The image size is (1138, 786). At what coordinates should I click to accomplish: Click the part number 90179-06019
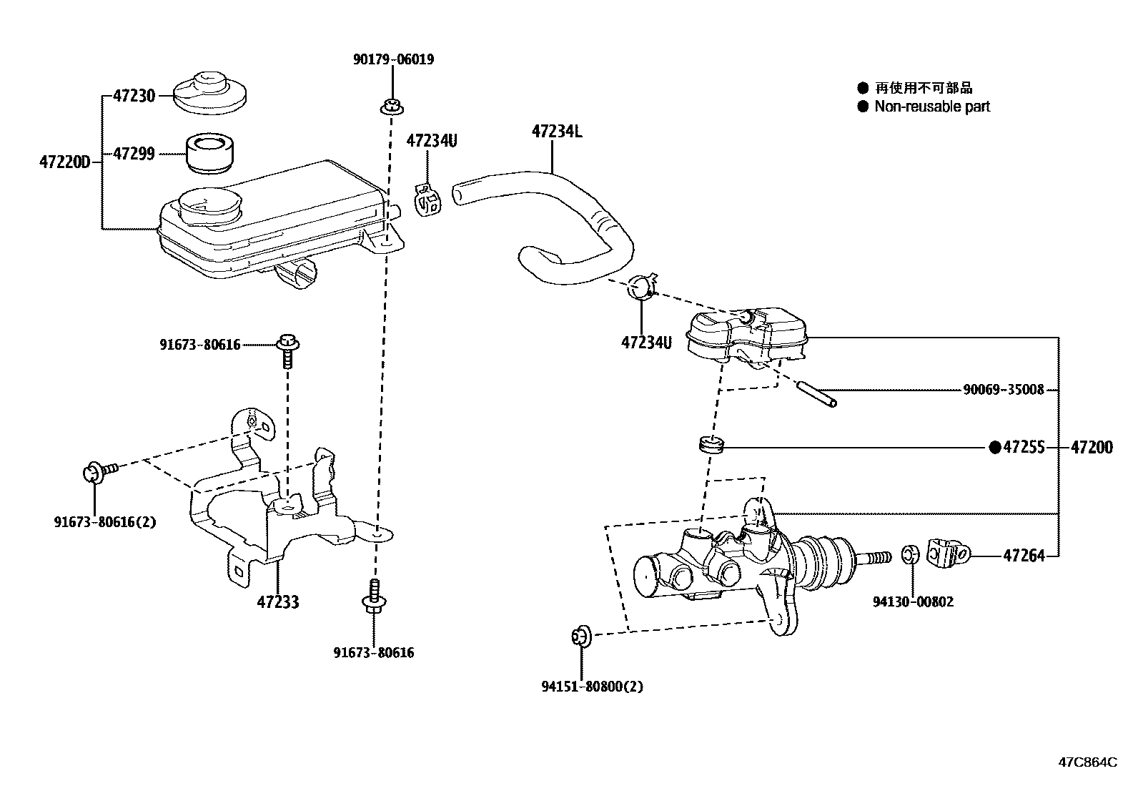click(392, 59)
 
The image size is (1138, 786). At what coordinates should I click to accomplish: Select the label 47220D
click(64, 163)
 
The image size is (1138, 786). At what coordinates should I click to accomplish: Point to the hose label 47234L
click(557, 132)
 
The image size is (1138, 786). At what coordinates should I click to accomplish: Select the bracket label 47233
click(278, 602)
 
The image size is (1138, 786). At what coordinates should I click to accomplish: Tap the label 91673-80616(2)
click(104, 521)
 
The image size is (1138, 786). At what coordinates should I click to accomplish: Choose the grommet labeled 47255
click(711, 444)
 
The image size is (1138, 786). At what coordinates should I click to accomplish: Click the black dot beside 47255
click(994, 448)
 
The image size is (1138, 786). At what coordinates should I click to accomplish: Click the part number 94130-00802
click(913, 602)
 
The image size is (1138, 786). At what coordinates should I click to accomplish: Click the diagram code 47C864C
click(1087, 762)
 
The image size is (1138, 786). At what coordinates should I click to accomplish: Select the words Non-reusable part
click(932, 107)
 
